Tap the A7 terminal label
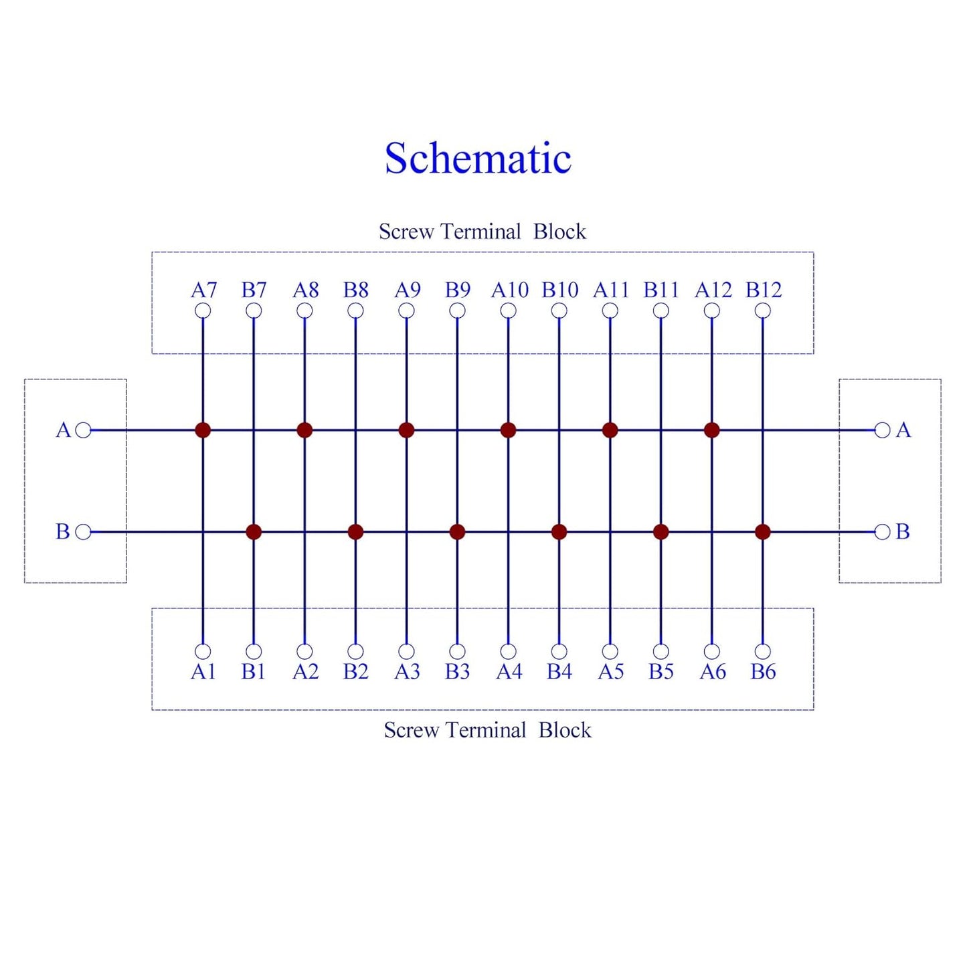click(x=203, y=290)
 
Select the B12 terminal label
click(x=764, y=290)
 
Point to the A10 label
click(x=509, y=290)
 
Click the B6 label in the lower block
click(x=763, y=671)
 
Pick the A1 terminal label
click(x=203, y=671)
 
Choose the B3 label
click(x=457, y=671)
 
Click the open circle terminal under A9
click(x=406, y=311)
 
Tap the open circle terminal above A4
click(x=509, y=651)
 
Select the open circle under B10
click(x=559, y=311)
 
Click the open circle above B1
click(x=254, y=651)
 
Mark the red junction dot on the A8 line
click(x=304, y=430)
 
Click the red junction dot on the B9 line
click(x=457, y=532)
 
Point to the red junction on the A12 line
click(x=711, y=430)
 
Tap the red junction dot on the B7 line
click(x=254, y=532)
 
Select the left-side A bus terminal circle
click(x=83, y=430)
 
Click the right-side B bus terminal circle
click(x=882, y=532)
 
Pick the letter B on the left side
click(x=63, y=532)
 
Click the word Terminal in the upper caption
click(x=481, y=232)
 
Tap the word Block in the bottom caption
click(x=565, y=730)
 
